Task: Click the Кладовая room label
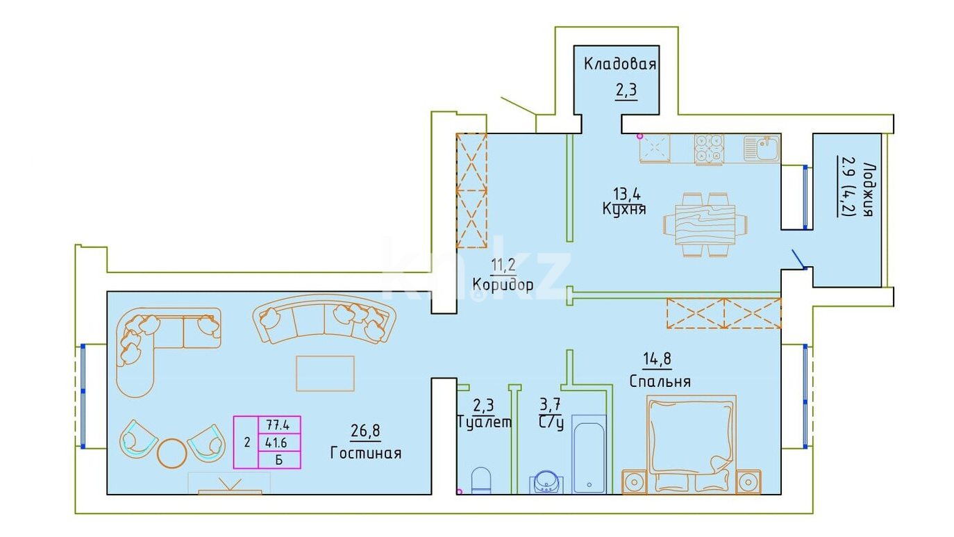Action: tap(619, 64)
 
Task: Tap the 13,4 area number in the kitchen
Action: tap(626, 194)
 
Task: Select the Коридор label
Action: tap(503, 284)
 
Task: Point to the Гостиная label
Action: tap(366, 453)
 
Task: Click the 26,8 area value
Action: tap(365, 431)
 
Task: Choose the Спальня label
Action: tap(660, 381)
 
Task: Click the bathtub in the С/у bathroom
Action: tap(589, 454)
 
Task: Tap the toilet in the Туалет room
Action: tap(481, 481)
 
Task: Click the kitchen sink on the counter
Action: tap(762, 148)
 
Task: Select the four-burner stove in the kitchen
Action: tap(709, 149)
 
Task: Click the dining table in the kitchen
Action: tap(705, 224)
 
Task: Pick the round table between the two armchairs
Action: tap(172, 453)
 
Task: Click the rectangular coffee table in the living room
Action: tap(325, 373)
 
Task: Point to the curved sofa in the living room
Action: tap(324, 318)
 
